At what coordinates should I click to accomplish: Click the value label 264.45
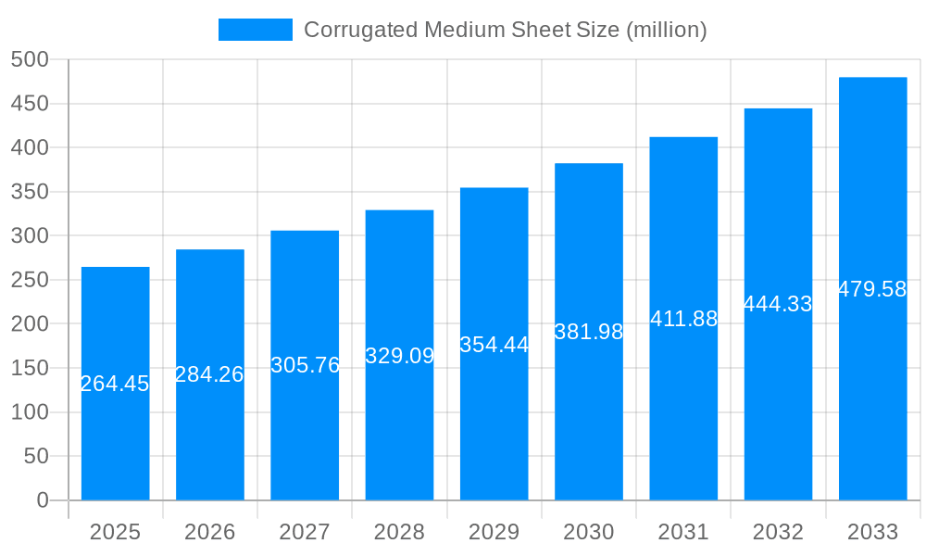(115, 384)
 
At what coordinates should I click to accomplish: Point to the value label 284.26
(209, 374)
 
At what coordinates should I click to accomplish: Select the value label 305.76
(305, 365)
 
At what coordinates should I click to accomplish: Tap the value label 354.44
(494, 345)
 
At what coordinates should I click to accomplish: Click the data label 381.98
(589, 332)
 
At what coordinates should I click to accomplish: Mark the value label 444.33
(778, 304)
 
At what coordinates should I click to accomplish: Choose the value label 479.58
(872, 289)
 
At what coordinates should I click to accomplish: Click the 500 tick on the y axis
(30, 59)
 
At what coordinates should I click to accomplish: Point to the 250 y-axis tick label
(30, 280)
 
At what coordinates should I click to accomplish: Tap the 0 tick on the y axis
(42, 500)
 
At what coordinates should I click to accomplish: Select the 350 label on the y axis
(30, 192)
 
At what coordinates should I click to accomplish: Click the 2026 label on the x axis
(209, 532)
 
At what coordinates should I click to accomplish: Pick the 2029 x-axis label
(494, 532)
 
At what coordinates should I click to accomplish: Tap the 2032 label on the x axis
(778, 532)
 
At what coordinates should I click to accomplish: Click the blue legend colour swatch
(255, 30)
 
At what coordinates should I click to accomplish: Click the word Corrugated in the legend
(360, 30)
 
